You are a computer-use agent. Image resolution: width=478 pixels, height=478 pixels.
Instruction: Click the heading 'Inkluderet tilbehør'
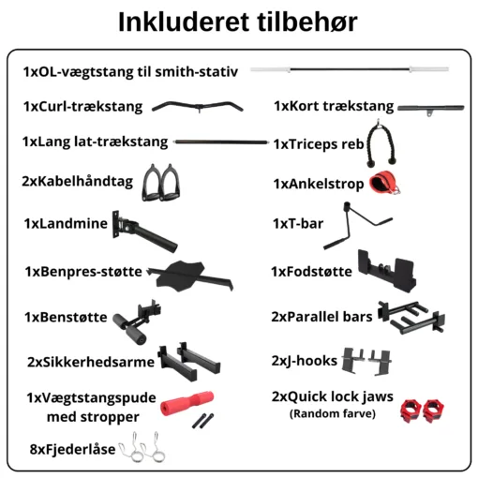click(x=238, y=22)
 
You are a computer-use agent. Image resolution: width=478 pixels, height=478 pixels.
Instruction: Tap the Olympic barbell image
click(x=350, y=69)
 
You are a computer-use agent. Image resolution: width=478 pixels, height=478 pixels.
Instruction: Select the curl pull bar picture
click(x=198, y=107)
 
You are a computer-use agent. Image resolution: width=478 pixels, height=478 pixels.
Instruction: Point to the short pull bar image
click(x=430, y=109)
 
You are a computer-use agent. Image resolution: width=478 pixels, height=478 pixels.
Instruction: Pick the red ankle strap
click(x=384, y=182)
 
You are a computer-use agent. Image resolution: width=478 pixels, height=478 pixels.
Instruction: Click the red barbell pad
click(x=187, y=403)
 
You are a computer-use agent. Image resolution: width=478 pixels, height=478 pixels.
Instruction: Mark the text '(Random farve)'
click(x=333, y=413)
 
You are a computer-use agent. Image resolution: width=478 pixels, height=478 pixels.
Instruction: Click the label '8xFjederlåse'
click(x=72, y=449)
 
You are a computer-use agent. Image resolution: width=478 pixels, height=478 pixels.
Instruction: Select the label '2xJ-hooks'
click(x=305, y=361)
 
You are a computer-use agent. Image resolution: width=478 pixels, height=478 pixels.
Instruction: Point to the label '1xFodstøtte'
click(x=311, y=272)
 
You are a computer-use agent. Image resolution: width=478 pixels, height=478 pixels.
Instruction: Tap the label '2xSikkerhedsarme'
click(x=91, y=362)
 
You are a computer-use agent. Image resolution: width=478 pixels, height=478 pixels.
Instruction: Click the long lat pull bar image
click(x=221, y=142)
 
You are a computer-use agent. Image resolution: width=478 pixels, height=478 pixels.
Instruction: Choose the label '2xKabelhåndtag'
click(x=78, y=182)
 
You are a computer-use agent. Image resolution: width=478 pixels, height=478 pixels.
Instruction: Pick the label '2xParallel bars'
click(x=321, y=317)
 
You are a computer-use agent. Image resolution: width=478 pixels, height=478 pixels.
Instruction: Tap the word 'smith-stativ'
click(x=197, y=72)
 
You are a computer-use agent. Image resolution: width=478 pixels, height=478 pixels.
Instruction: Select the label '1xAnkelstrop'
click(x=319, y=184)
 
